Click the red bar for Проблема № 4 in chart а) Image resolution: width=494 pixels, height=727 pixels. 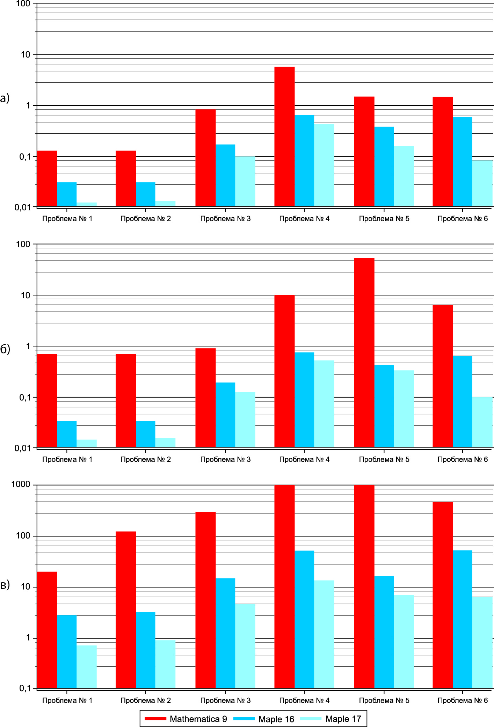284,136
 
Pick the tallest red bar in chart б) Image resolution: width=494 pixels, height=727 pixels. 364,352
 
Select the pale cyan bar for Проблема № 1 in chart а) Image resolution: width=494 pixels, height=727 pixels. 87,204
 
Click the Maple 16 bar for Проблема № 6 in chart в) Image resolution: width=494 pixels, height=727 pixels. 463,619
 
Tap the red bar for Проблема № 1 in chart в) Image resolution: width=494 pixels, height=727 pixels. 47,630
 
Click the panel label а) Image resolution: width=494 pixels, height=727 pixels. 5,98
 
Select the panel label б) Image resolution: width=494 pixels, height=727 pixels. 5,349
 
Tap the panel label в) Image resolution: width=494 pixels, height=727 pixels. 5,585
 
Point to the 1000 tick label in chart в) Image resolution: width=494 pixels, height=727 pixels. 21,484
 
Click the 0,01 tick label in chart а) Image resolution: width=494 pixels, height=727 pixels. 22,208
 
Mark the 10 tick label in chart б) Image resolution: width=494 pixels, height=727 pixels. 26,295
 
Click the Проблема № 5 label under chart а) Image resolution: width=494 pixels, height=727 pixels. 384,219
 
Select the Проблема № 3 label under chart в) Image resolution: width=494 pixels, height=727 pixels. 225,700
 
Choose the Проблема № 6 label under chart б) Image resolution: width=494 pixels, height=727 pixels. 463,459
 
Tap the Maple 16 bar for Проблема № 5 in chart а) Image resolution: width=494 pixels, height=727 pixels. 384,166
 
